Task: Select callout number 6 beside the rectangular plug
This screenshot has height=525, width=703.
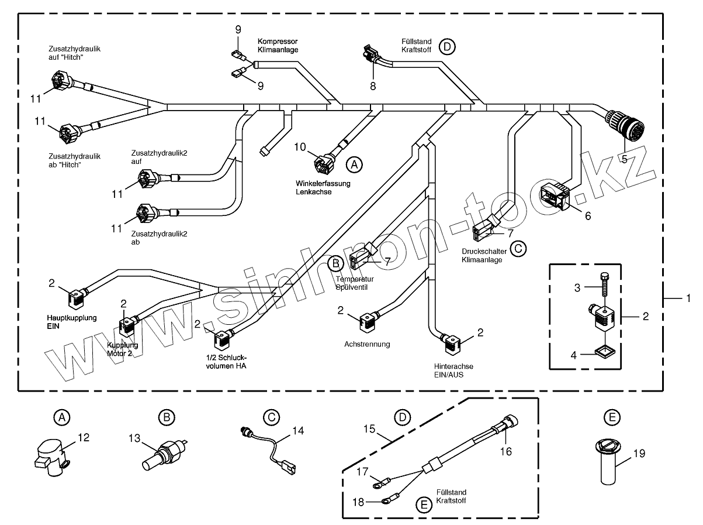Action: (x=587, y=216)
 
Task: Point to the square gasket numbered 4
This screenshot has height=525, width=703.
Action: (x=602, y=352)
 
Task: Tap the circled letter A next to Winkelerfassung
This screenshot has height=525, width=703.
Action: (x=354, y=164)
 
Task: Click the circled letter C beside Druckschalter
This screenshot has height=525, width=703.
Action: (x=518, y=249)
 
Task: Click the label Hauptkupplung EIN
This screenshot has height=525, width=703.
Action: (x=72, y=321)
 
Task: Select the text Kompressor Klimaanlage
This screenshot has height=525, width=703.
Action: (x=278, y=46)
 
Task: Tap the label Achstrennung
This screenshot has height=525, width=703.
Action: (x=367, y=344)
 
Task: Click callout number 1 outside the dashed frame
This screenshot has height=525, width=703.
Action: (x=688, y=298)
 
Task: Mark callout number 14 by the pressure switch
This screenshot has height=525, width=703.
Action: (x=298, y=430)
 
